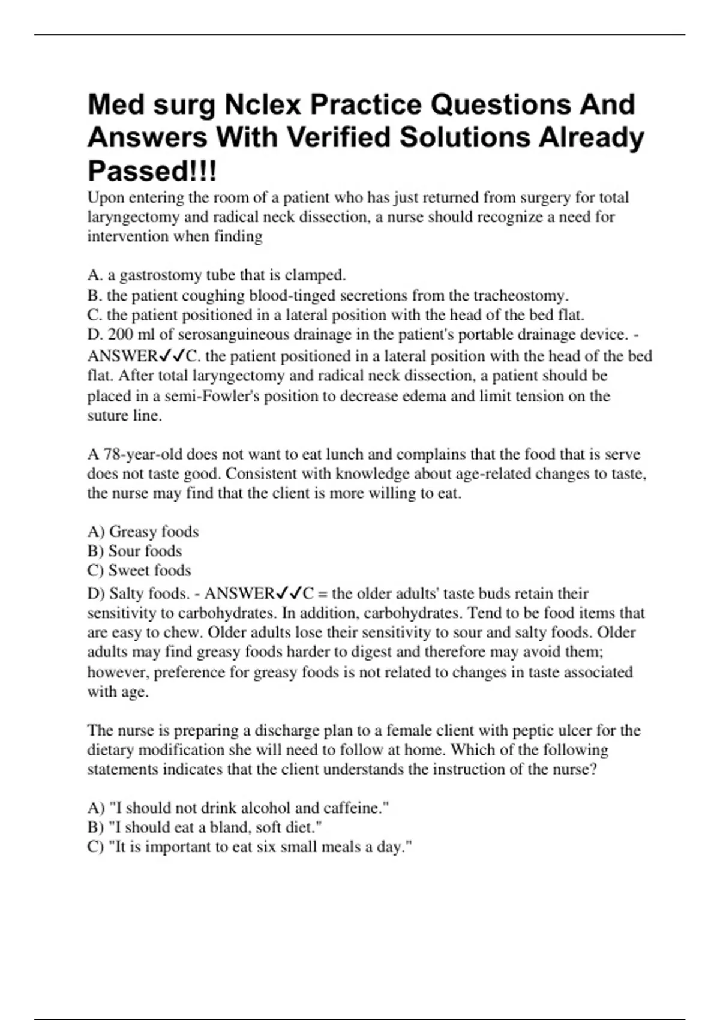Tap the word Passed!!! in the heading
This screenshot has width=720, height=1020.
[x=152, y=171]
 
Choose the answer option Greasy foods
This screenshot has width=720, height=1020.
[x=153, y=532]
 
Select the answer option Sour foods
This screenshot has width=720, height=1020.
[x=145, y=551]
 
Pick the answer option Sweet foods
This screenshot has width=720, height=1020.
[x=149, y=571]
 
